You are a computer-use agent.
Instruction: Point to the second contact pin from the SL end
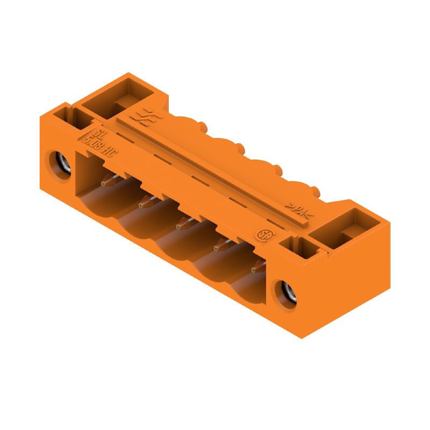pyautogui.click(x=146, y=203)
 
